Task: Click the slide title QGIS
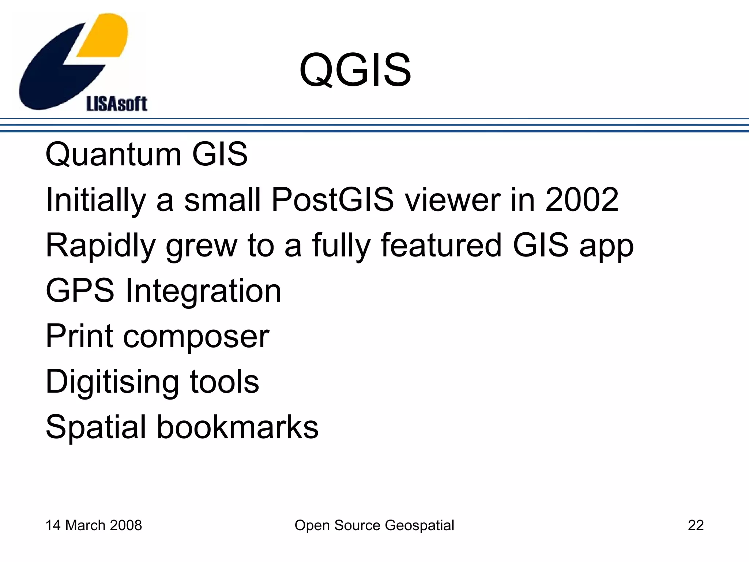point(355,70)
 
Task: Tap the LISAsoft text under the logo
point(117,104)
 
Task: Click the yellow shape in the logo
point(106,37)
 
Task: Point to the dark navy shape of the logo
point(55,73)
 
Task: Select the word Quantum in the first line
point(113,154)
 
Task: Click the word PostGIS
point(332,200)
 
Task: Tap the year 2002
point(581,200)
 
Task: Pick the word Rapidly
point(101,246)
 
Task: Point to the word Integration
point(203,292)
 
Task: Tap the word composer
point(196,337)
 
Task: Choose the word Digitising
point(112,382)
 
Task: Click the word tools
point(224,382)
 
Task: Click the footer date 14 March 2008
point(94,525)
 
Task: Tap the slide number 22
point(696,525)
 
